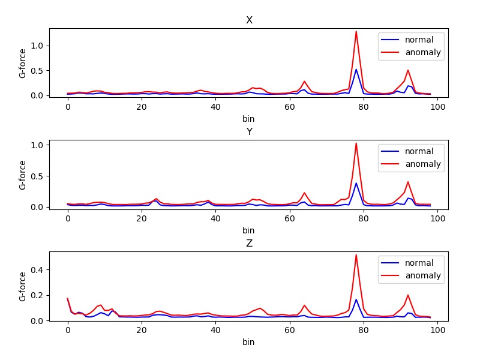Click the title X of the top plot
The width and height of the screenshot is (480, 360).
tap(249, 20)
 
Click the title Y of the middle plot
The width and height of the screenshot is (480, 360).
tap(249, 132)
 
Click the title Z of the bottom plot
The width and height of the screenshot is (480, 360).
tap(249, 244)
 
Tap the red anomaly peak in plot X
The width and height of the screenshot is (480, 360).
tap(356, 32)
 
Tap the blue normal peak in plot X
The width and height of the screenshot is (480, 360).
tap(356, 70)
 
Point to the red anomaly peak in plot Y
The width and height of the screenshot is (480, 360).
tap(356, 143)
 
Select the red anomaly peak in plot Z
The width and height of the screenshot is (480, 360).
tap(356, 255)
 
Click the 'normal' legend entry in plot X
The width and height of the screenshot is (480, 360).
tap(410, 40)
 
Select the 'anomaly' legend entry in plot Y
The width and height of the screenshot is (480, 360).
tap(410, 164)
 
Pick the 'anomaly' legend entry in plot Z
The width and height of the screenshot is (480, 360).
tap(410, 276)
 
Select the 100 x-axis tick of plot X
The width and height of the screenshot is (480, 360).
tap(437, 107)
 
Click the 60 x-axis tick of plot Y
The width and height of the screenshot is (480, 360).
tap(290, 218)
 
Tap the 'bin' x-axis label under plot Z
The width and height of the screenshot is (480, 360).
tap(248, 342)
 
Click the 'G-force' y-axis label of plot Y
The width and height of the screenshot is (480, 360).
tap(23, 175)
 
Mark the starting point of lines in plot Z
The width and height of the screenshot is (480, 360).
tap(68, 299)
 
